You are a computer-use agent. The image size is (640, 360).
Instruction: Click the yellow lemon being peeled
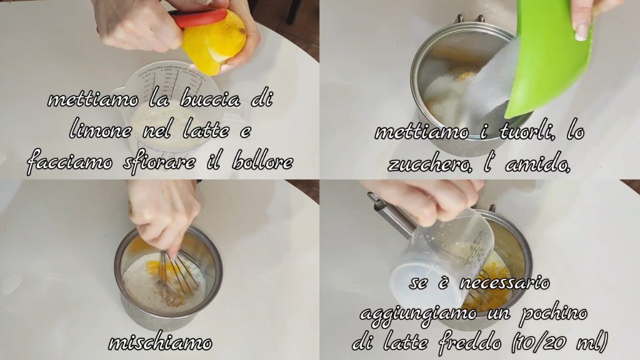coord(214,43)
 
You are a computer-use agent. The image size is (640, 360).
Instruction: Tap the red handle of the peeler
coord(199,18)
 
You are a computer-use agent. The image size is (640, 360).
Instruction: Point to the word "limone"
coord(101,131)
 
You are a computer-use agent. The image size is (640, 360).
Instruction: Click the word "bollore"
coord(262,162)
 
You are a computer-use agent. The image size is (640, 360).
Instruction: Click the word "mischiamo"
coord(160,342)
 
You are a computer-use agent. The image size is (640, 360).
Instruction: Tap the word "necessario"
coord(504,282)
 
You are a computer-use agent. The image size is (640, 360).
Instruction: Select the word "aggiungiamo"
coord(419,315)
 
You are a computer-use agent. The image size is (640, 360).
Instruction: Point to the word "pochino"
coord(553,314)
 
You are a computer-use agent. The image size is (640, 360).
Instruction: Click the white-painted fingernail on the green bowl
coord(581,32)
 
